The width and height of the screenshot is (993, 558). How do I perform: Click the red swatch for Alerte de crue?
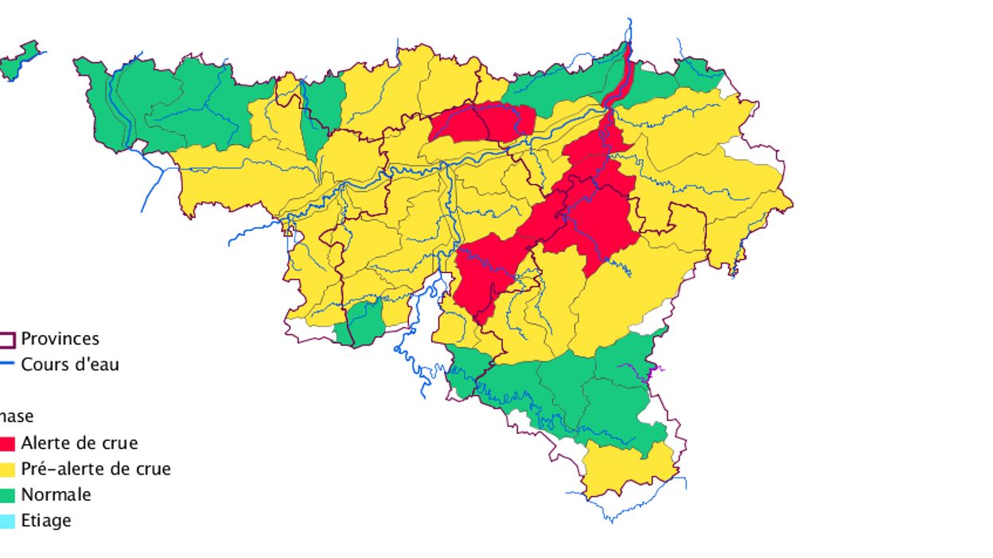pos(7,444)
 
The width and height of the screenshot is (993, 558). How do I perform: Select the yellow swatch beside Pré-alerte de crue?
pos(7,470)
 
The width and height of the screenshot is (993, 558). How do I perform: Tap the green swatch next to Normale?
pos(7,495)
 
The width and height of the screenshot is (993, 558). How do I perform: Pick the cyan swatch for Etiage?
pos(7,521)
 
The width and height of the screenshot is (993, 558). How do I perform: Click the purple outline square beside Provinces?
pos(7,340)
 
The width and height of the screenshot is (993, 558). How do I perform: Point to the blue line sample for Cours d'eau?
pos(7,365)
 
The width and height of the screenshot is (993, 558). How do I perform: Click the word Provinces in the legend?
pos(60,339)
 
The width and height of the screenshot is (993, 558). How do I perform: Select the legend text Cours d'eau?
pos(70,365)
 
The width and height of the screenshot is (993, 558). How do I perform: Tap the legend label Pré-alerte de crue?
pos(95,469)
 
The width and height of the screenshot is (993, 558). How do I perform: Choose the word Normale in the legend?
pos(56,494)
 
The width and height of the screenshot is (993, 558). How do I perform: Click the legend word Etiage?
pos(46,521)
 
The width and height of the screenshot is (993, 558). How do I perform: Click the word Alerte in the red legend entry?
pos(45,443)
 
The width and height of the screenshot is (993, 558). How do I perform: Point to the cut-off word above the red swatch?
pos(16,416)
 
